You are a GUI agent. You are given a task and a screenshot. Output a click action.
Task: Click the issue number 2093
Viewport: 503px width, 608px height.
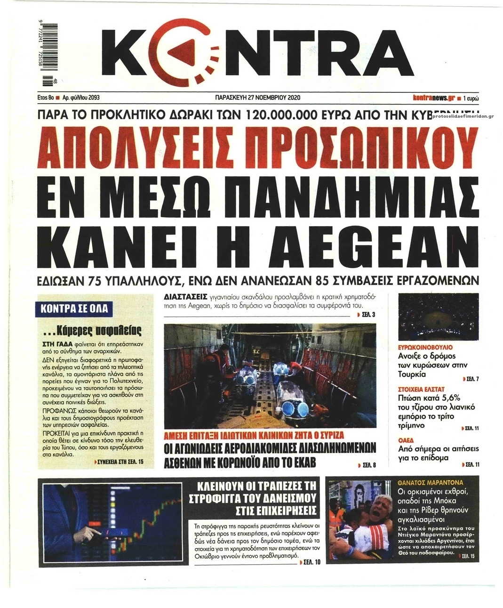click(x=92, y=98)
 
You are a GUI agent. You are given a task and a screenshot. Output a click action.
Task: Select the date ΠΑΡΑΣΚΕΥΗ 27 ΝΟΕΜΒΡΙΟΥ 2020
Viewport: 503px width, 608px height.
click(x=256, y=98)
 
